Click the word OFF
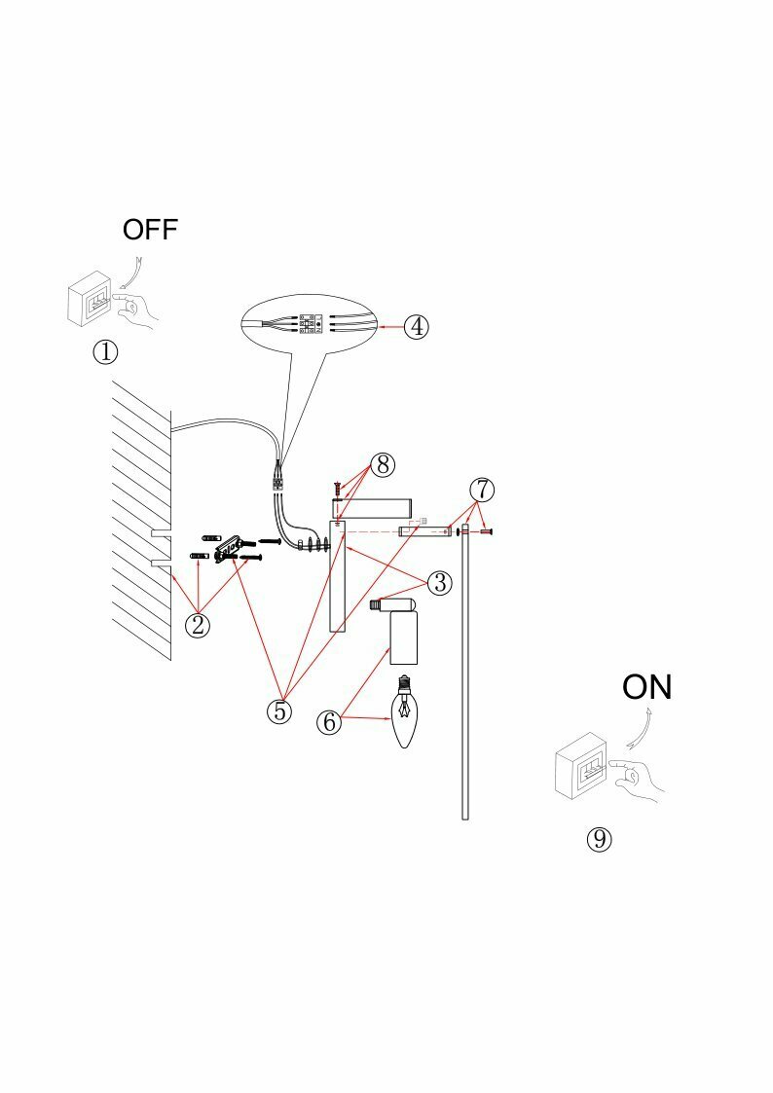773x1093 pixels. (150, 230)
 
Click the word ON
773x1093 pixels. (647, 687)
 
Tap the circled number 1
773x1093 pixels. (105, 351)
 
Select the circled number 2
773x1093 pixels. (198, 624)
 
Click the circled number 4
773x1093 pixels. (416, 326)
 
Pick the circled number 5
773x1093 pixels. (279, 711)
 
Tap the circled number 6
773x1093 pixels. (329, 722)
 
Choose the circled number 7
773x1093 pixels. (482, 488)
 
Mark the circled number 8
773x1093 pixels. (383, 464)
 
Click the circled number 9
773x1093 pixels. (600, 838)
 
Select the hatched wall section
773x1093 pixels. (141, 516)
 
